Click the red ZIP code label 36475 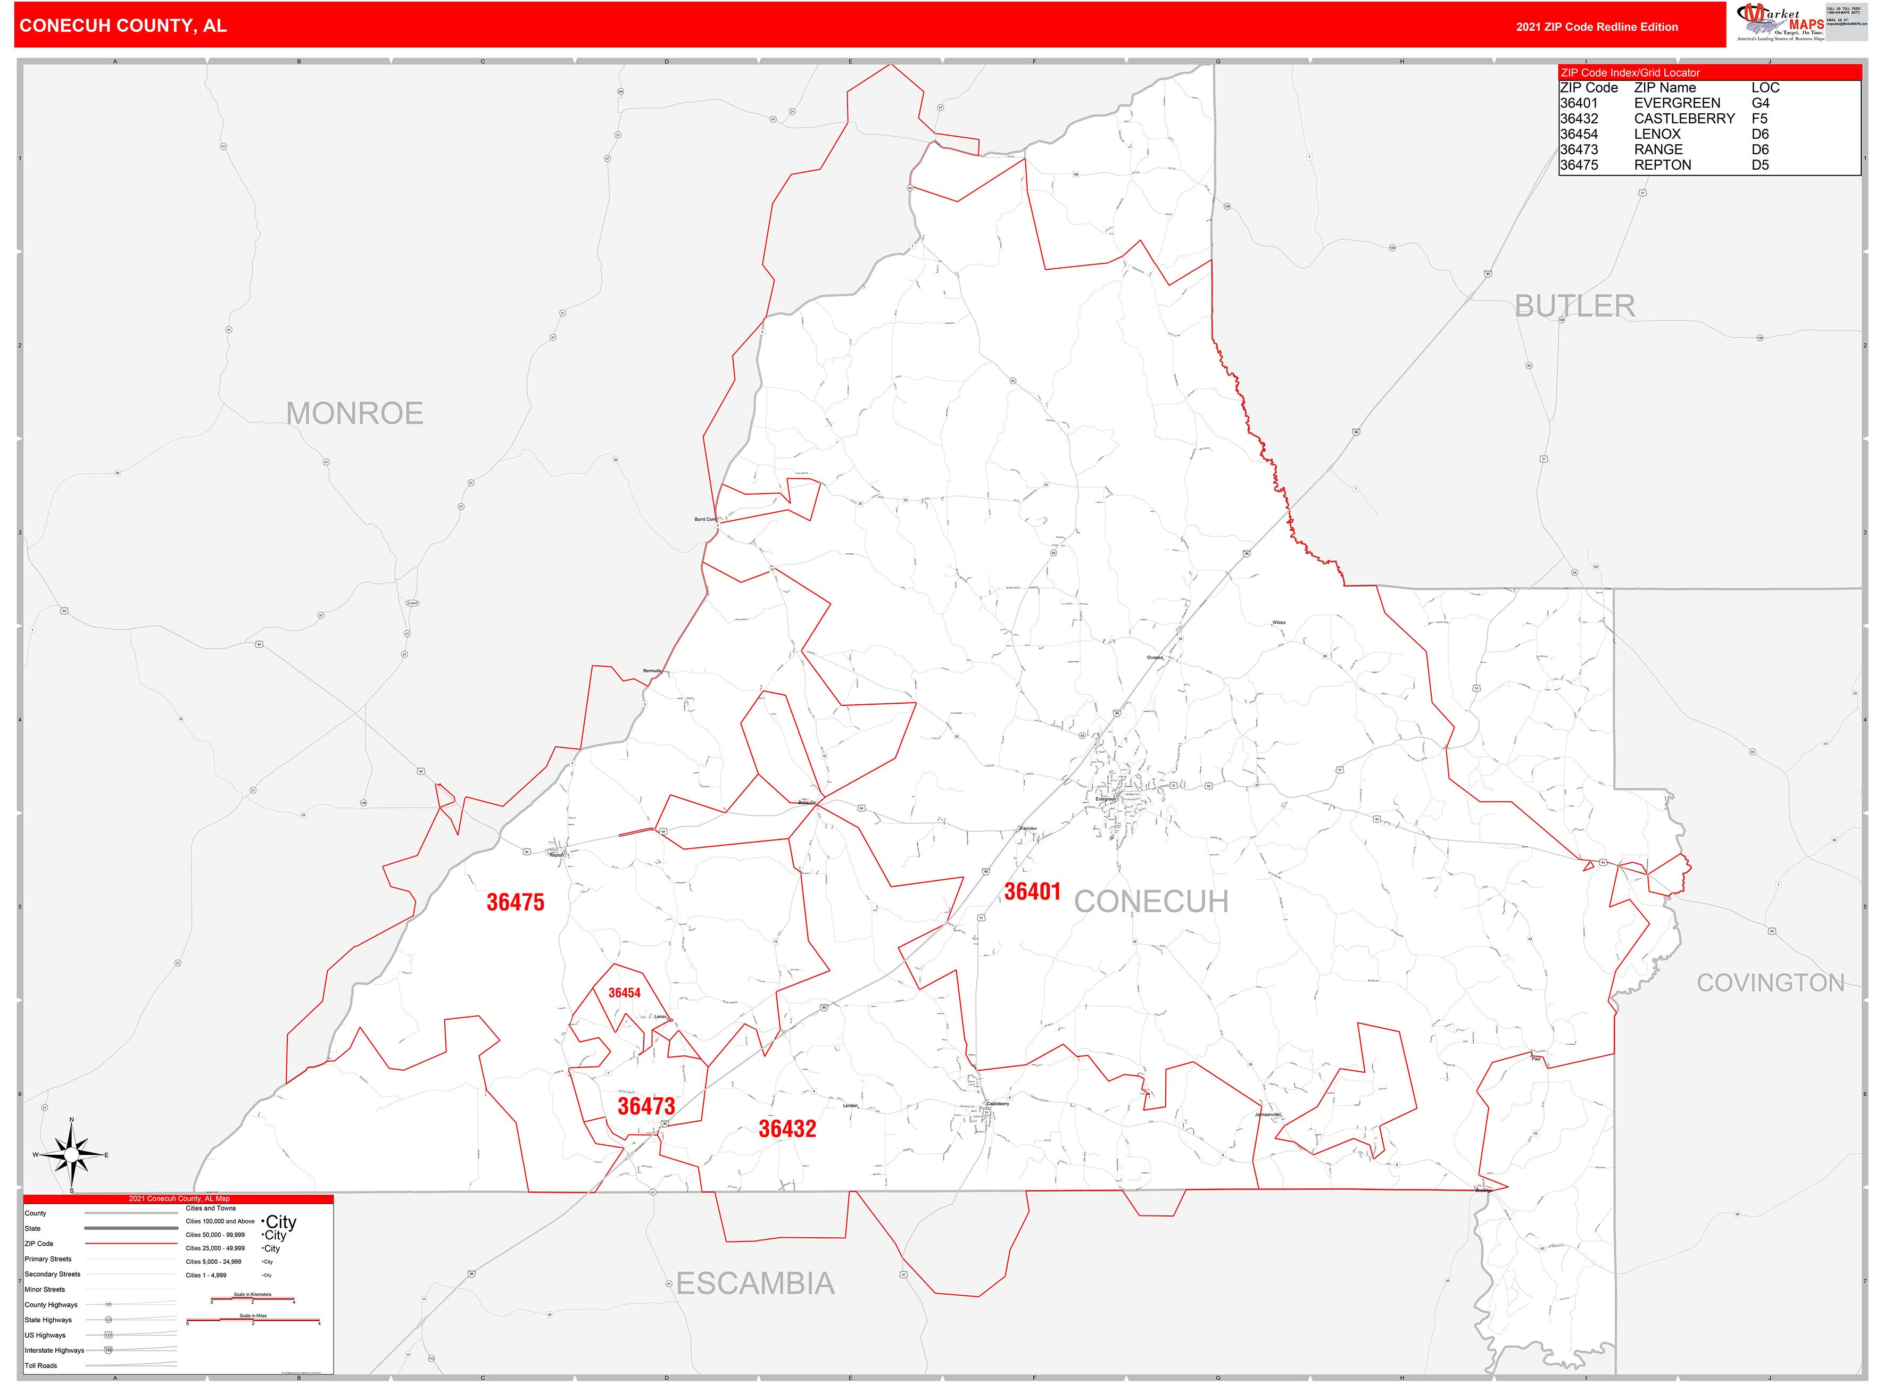click(515, 903)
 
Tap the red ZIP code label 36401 click(1032, 892)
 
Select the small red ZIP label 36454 click(624, 993)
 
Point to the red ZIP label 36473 click(645, 1106)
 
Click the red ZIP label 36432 click(786, 1129)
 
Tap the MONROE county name click(354, 413)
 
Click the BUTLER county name click(1574, 306)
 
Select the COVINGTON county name click(1770, 983)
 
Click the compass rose click(72, 1155)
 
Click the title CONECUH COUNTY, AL click(123, 26)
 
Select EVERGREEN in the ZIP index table click(1676, 103)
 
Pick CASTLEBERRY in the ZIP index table click(1684, 119)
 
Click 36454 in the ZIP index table click(1579, 134)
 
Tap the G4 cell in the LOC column click(1760, 103)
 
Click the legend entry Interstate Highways click(54, 1351)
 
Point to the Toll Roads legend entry click(41, 1365)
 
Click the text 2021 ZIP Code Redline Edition click(1596, 27)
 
